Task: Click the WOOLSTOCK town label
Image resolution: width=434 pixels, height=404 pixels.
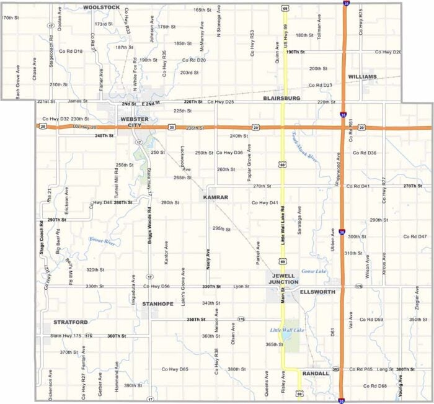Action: click(101, 7)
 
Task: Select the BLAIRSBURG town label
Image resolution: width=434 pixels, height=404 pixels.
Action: click(281, 98)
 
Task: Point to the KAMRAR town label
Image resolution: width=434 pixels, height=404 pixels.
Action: click(215, 197)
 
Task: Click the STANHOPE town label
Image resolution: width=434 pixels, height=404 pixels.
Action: click(157, 304)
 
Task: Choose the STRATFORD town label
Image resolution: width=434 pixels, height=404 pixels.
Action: click(70, 322)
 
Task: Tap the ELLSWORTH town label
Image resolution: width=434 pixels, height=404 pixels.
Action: click(317, 292)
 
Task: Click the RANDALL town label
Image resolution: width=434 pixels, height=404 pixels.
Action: click(316, 374)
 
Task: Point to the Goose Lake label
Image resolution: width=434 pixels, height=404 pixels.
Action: click(313, 271)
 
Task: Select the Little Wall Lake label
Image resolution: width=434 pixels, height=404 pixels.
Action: click(287, 330)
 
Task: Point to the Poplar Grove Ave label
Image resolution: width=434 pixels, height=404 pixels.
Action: click(249, 166)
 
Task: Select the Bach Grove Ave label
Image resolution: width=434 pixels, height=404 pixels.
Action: click(18, 83)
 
